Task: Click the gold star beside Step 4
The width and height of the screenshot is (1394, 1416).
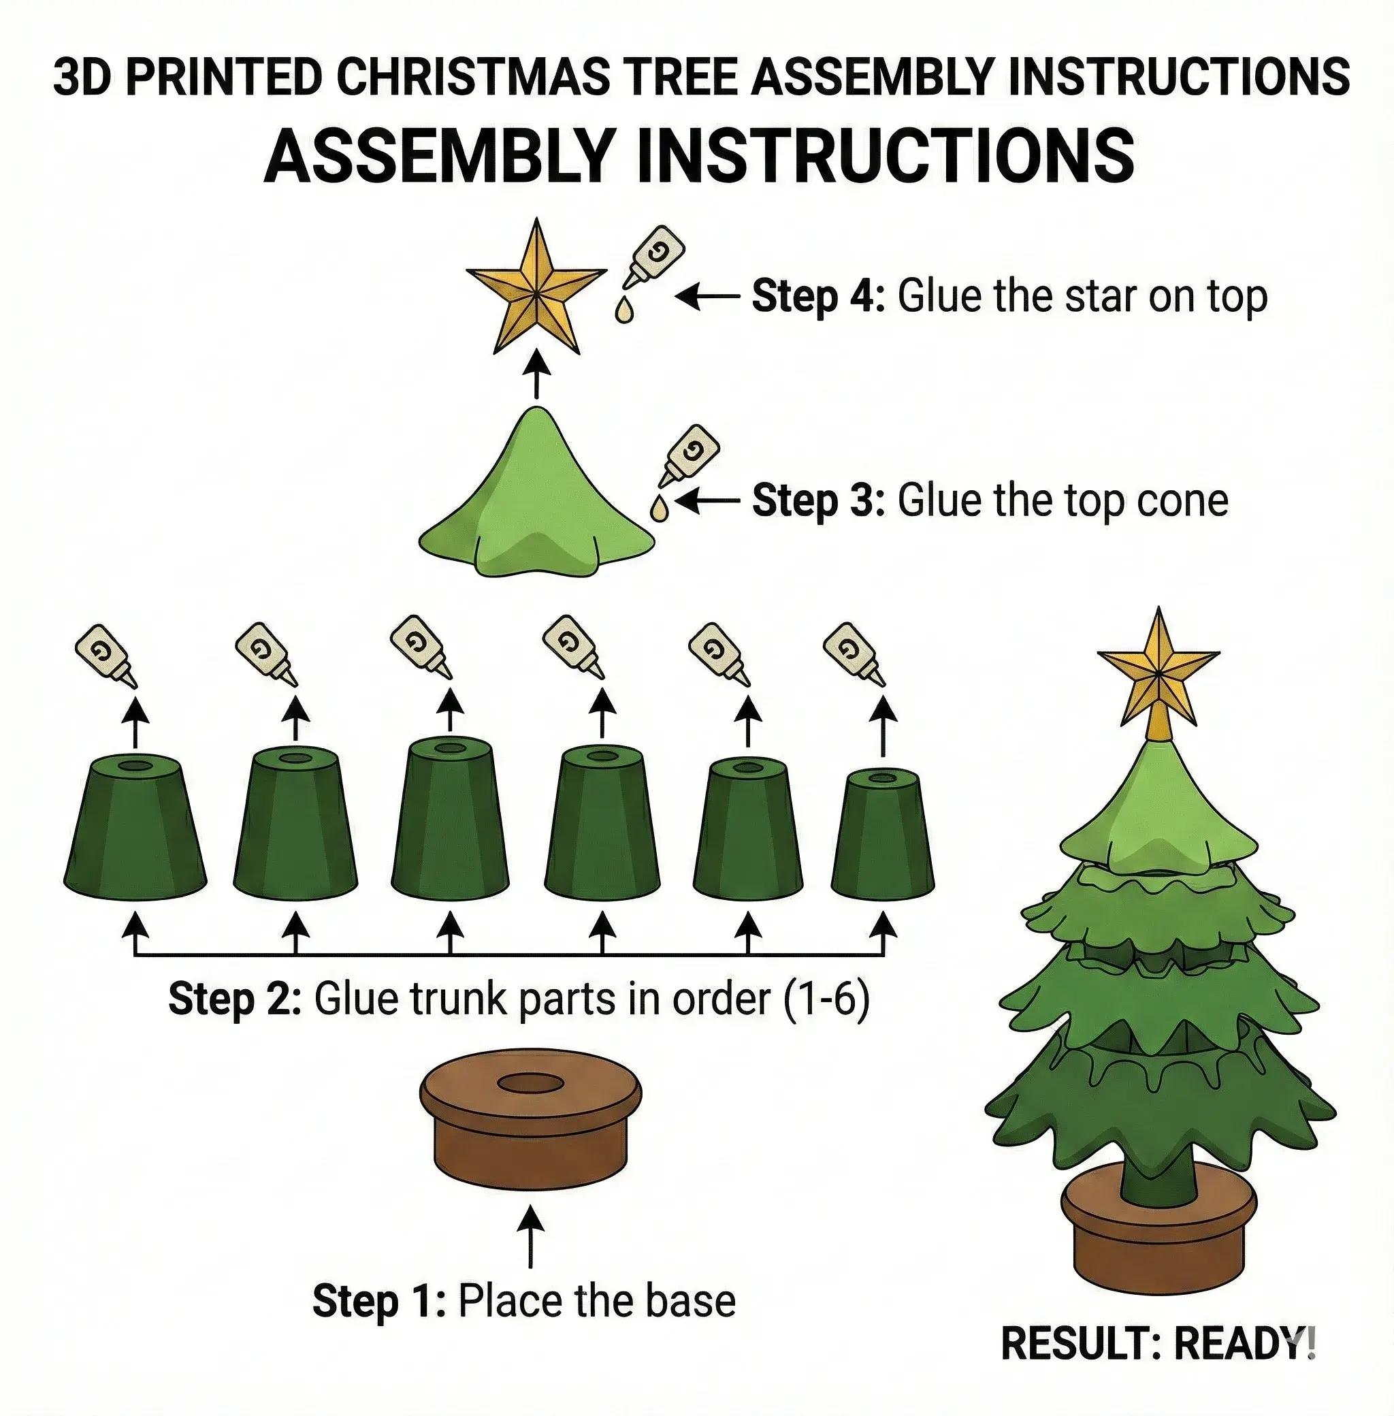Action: click(536, 289)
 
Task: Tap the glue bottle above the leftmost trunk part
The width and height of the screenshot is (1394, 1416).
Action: click(107, 656)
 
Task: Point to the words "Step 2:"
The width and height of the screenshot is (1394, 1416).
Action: click(234, 998)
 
